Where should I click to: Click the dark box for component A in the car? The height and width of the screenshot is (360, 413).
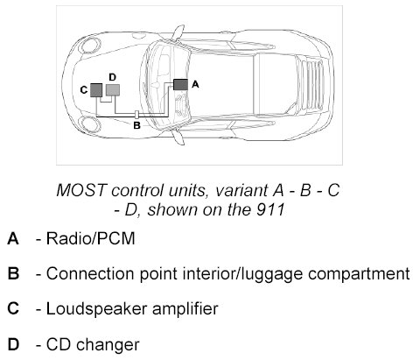click(x=180, y=84)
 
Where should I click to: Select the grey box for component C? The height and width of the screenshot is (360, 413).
click(x=96, y=90)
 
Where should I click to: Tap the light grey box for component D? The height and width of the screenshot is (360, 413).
click(x=113, y=90)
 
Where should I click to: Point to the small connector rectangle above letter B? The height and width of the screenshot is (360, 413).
click(x=136, y=115)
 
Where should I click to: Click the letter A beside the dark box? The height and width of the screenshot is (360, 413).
click(x=195, y=85)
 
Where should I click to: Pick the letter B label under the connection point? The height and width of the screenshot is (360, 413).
click(x=136, y=125)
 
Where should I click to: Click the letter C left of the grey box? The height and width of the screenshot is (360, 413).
click(x=84, y=90)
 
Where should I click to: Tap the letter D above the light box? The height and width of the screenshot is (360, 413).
click(x=113, y=77)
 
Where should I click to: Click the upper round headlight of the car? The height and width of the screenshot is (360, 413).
click(x=91, y=45)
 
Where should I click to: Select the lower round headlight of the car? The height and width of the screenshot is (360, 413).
click(x=91, y=124)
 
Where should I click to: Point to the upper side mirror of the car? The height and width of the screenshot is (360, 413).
click(x=178, y=32)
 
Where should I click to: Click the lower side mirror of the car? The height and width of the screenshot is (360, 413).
click(x=178, y=137)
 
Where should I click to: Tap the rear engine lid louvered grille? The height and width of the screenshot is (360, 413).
click(x=311, y=85)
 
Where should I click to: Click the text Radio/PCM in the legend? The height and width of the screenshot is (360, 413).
click(x=91, y=238)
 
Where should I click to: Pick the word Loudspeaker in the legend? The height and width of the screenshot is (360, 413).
click(x=97, y=309)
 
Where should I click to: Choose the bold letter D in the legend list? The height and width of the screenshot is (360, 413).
click(x=13, y=344)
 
